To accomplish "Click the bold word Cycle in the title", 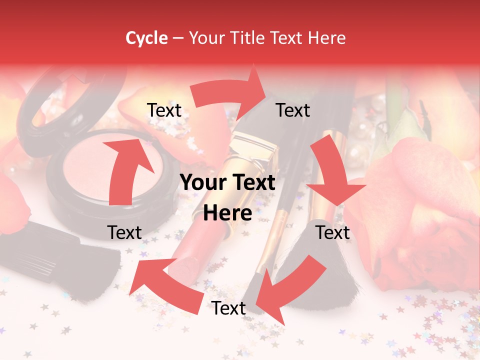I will tap(146, 38).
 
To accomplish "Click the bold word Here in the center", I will tap(227, 213).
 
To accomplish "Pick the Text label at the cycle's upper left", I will tap(164, 110).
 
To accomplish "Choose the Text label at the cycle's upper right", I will tap(293, 110).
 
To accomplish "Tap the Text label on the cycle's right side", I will tap(332, 232).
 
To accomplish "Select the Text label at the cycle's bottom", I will tap(228, 308).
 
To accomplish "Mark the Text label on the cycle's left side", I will tap(124, 232).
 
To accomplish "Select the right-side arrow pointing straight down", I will tap(332, 175).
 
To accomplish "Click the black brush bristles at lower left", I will tap(75, 260).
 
